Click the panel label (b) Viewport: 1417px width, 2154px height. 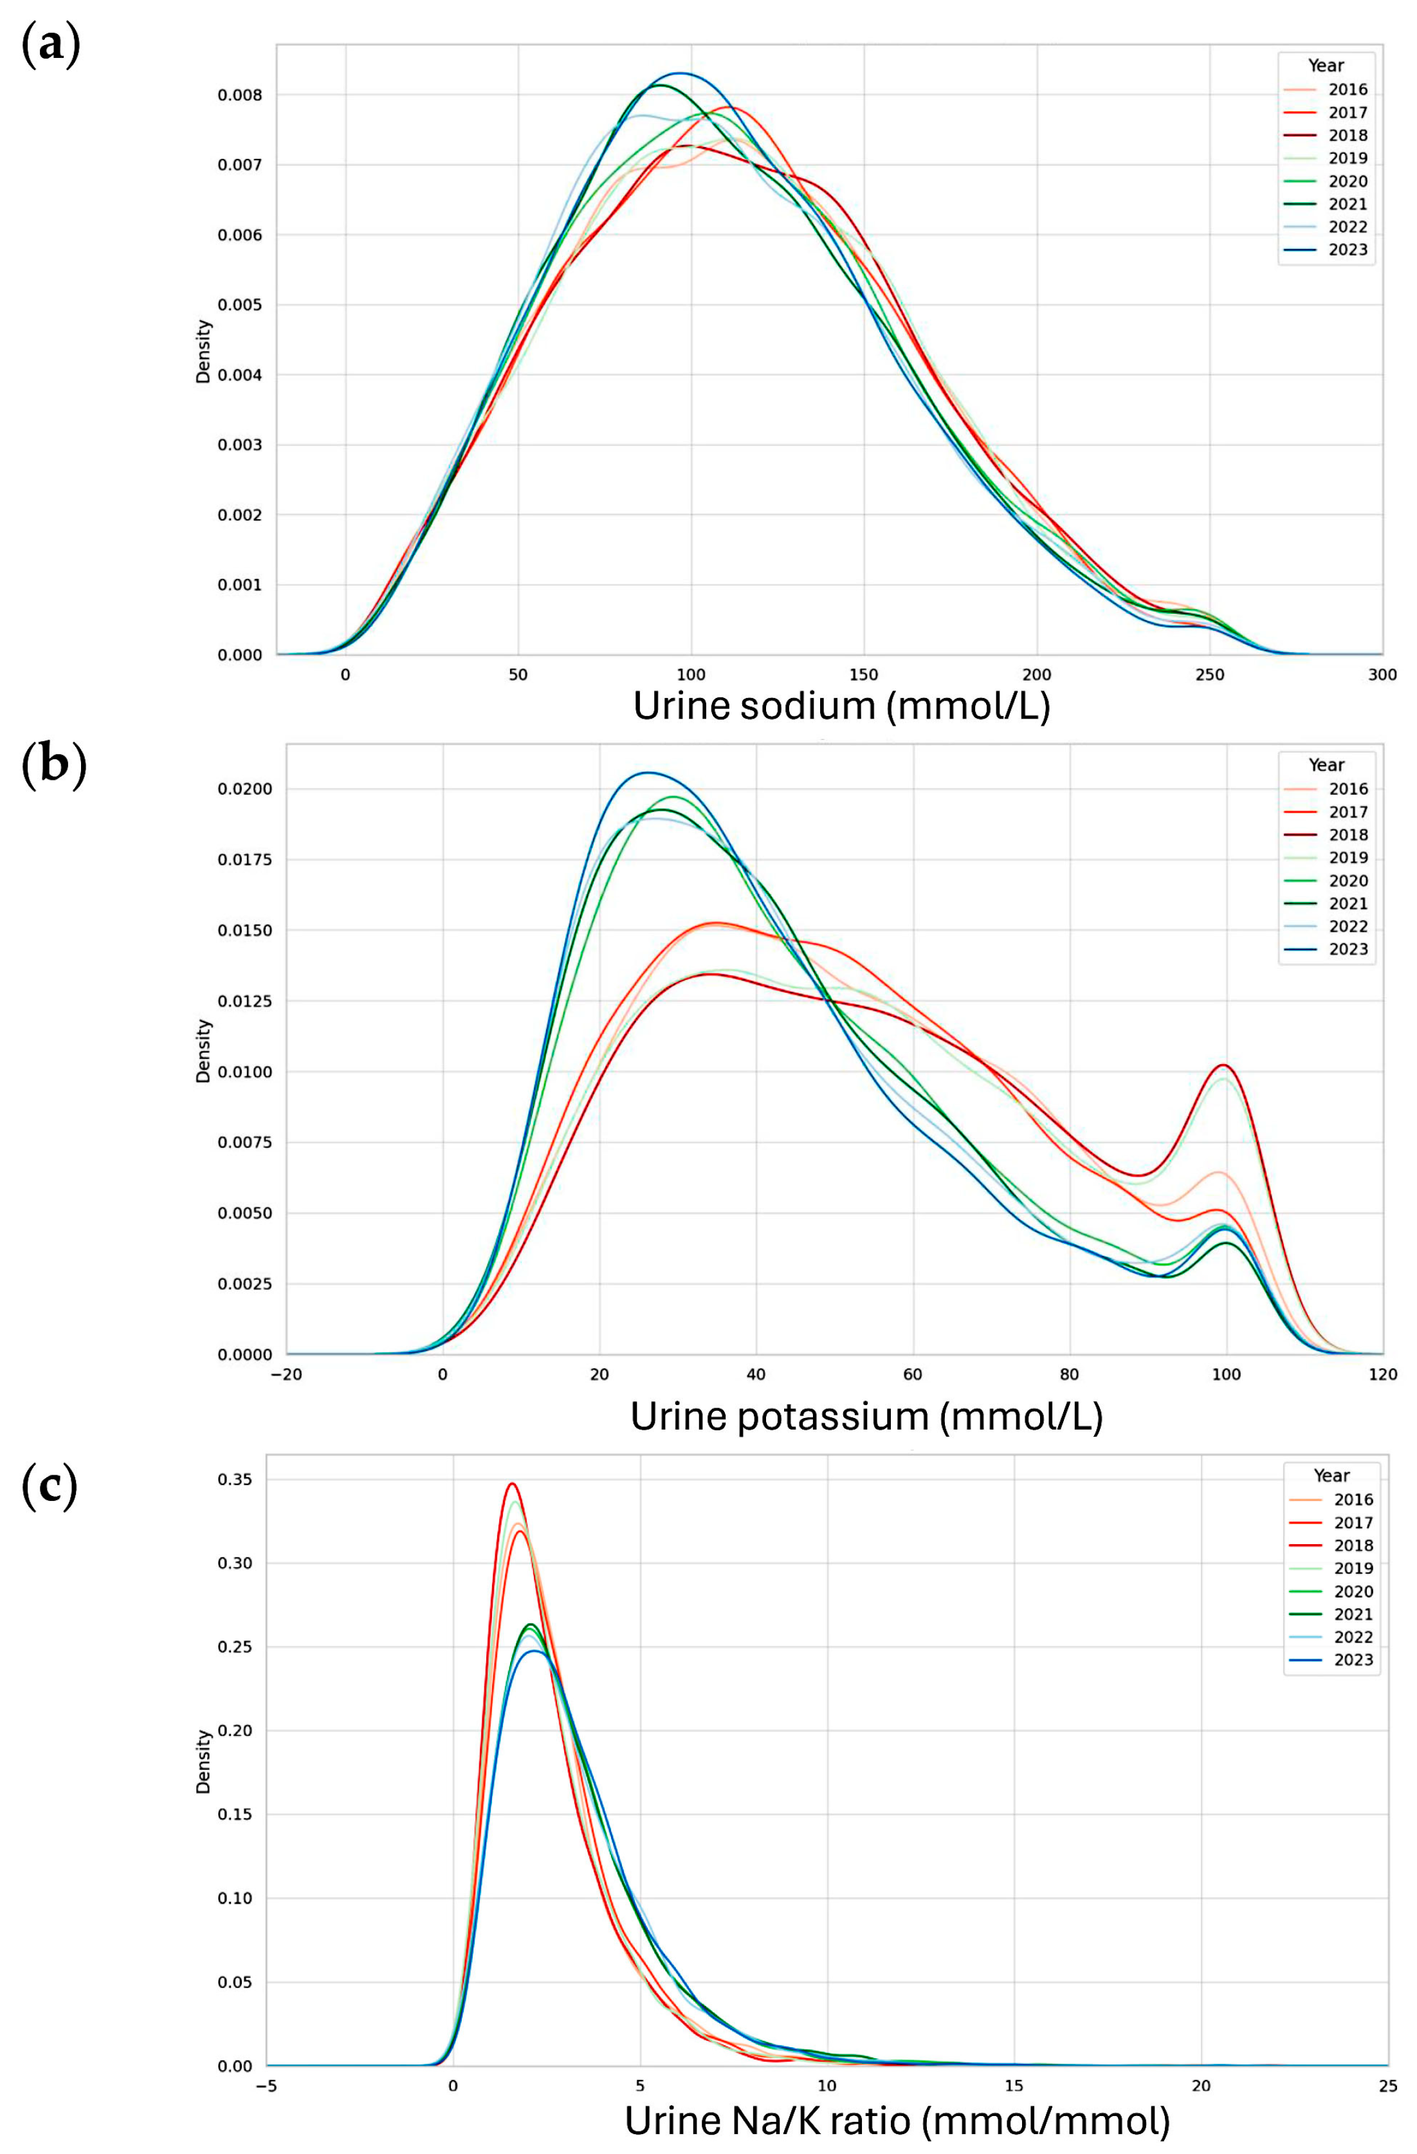[x=53, y=765]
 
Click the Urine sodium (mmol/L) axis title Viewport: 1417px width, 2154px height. [x=841, y=706]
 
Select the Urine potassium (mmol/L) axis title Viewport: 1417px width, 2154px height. [x=866, y=1417]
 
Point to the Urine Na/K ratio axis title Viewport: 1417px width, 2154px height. [x=897, y=2121]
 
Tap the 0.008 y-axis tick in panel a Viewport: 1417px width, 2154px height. [x=240, y=95]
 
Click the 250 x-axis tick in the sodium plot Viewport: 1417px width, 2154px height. [x=1210, y=675]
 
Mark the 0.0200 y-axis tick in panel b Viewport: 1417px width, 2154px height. [x=244, y=789]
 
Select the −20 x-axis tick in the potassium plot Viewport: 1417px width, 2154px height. [x=286, y=1374]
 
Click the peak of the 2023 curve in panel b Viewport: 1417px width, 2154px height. [x=648, y=773]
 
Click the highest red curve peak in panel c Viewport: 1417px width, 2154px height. [x=512, y=1484]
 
